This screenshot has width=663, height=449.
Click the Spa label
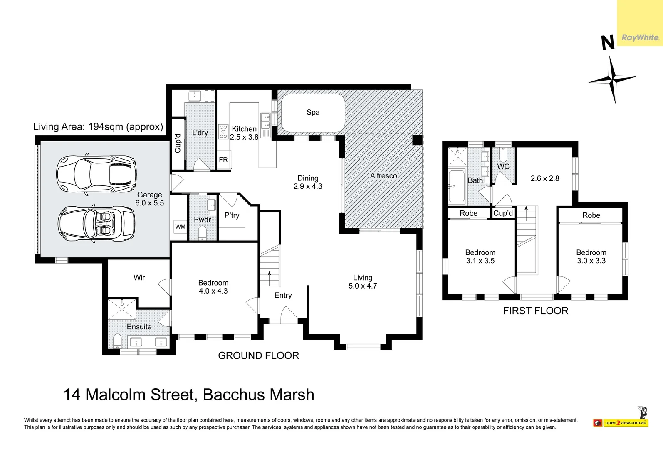[313, 112]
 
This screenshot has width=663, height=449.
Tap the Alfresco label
[383, 176]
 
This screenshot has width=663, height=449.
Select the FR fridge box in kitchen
[223, 160]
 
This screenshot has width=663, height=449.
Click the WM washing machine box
[180, 227]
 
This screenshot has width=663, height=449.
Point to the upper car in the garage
[96, 175]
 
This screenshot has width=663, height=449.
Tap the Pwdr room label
[202, 220]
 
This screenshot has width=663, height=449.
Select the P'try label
[232, 215]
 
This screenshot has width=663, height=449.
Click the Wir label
[139, 278]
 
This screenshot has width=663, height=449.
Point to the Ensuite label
[139, 327]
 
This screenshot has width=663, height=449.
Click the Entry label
[283, 296]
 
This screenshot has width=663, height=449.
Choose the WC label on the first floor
[503, 167]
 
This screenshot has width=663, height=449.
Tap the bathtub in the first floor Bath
[457, 187]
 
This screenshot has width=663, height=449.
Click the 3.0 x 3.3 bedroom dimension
[591, 261]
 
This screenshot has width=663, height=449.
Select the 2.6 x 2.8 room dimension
[544, 178]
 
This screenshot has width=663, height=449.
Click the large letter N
[608, 43]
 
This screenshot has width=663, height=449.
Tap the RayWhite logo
[640, 38]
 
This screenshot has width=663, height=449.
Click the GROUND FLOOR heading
[258, 356]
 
